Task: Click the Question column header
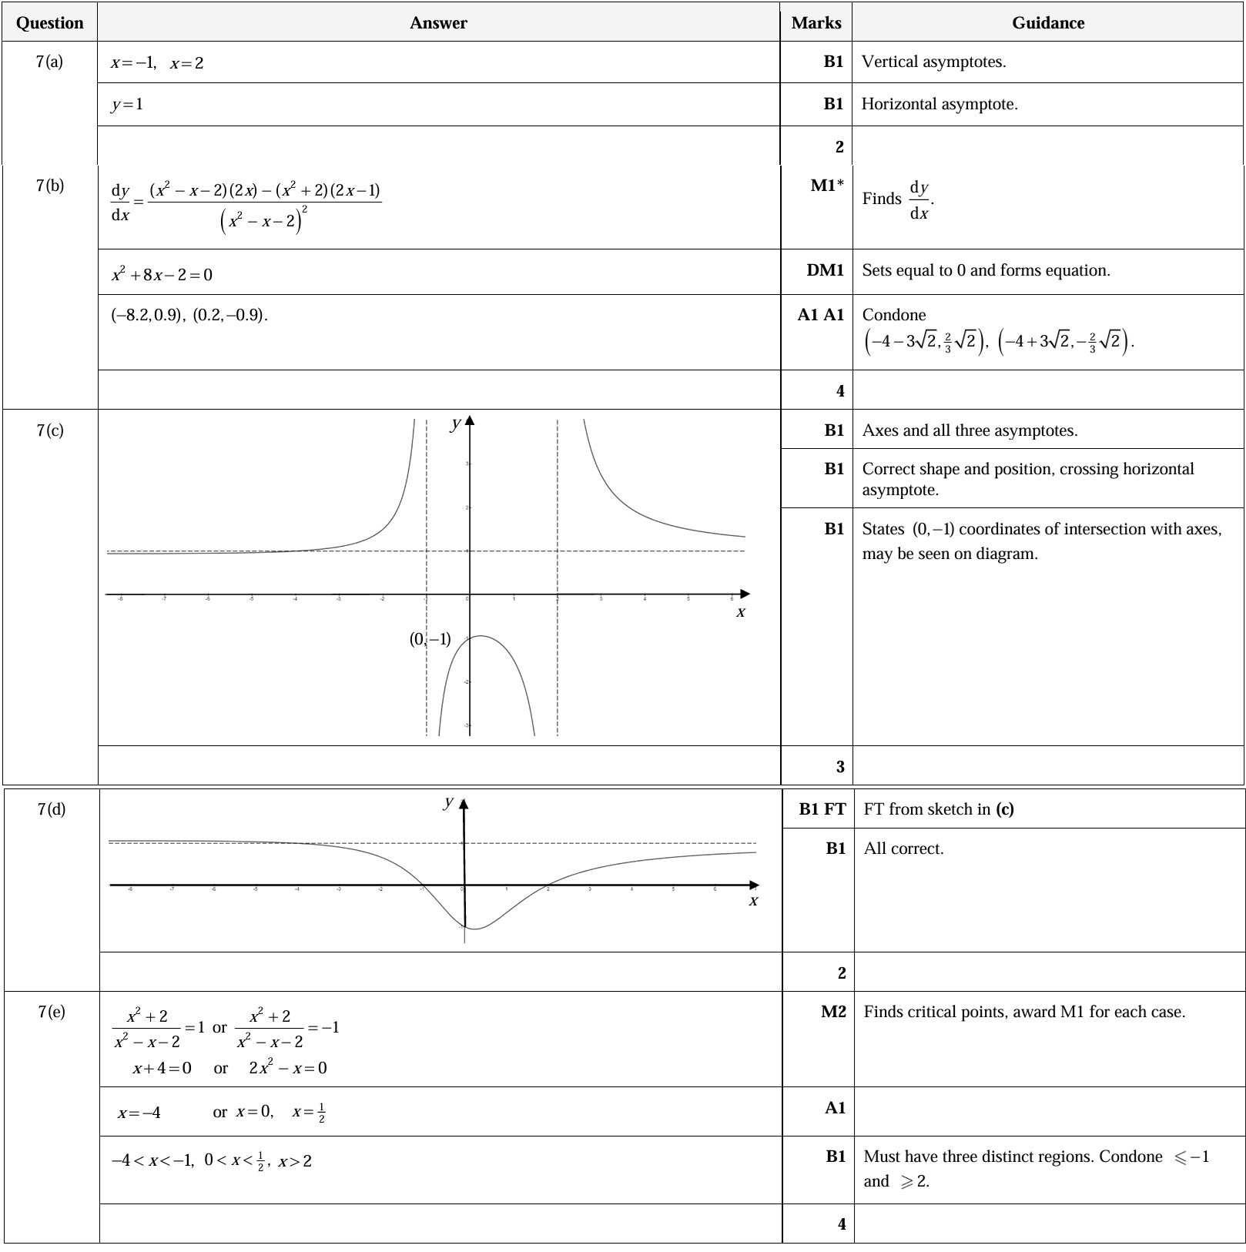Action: point(49,23)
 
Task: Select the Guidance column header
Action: point(1047,23)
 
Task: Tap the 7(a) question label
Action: point(49,62)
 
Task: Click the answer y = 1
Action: point(127,104)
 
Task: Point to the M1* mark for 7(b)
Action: point(827,185)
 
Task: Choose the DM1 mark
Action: point(825,270)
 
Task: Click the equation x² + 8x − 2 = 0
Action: point(162,274)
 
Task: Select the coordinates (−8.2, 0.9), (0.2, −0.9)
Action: point(189,315)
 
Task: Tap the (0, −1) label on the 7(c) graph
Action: point(430,639)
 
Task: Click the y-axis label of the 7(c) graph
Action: point(456,423)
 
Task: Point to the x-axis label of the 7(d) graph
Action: point(753,901)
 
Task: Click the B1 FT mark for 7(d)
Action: point(822,808)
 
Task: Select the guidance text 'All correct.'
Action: point(903,849)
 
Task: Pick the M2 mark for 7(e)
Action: point(833,1012)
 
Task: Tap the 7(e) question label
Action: point(52,1012)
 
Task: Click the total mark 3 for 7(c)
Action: point(840,766)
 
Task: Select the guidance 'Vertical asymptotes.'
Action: point(933,62)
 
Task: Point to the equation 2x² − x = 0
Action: point(287,1068)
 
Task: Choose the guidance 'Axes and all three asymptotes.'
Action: point(970,430)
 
